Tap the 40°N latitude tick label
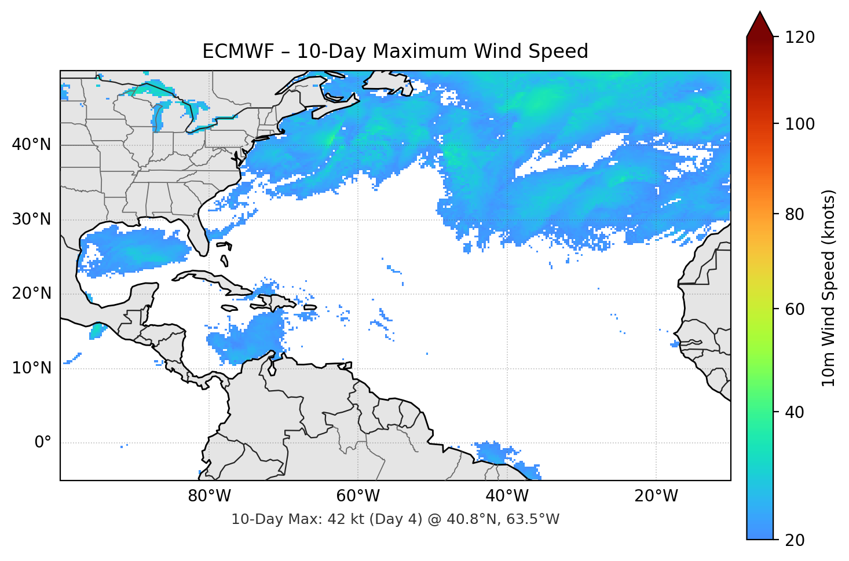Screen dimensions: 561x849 coord(31,144)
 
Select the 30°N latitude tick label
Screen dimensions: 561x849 coord(31,219)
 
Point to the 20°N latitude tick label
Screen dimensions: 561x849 coord(31,294)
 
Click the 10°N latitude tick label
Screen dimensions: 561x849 coord(31,368)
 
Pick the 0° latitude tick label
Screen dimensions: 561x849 coord(42,443)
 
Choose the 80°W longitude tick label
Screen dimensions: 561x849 coord(209,496)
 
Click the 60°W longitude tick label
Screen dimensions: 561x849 coord(358,496)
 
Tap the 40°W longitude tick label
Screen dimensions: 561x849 coord(507,496)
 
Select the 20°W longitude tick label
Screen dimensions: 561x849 coord(656,496)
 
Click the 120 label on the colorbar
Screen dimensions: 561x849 coord(800,37)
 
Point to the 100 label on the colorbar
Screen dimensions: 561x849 coord(800,124)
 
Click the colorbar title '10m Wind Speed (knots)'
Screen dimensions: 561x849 coord(829,288)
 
